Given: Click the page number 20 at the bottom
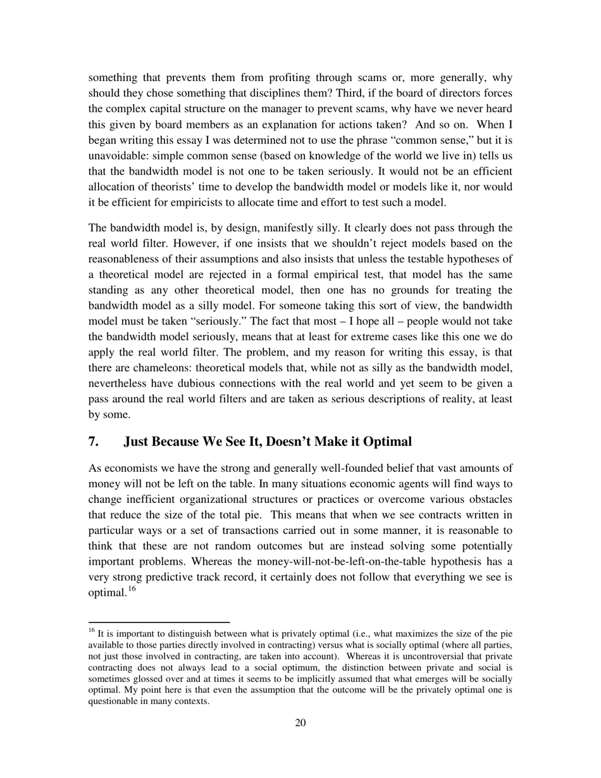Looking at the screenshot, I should coord(300,723).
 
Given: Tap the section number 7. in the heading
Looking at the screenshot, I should coord(93,441).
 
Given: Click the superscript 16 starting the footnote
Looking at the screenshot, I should coord(91,630).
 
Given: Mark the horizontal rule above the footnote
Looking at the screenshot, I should coord(158,622).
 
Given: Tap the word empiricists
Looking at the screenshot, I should coord(225,202).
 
